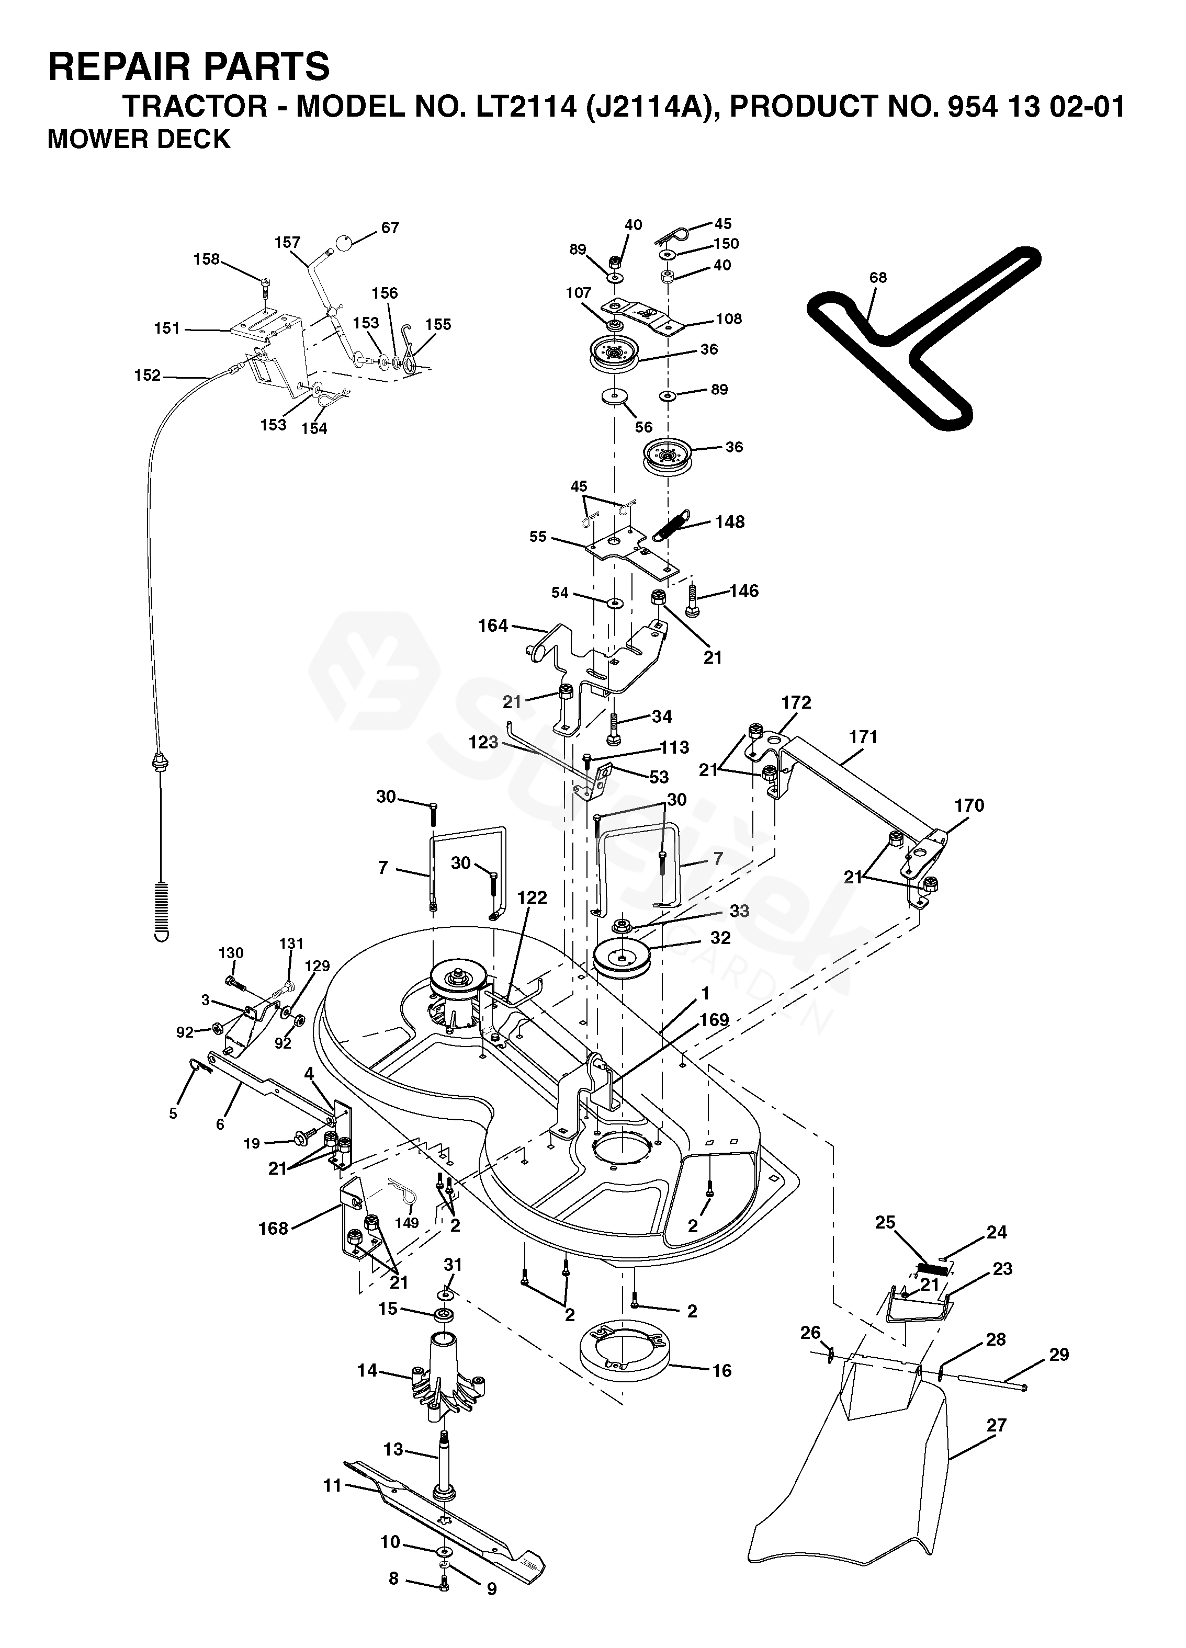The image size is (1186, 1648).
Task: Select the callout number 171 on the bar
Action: coord(863,737)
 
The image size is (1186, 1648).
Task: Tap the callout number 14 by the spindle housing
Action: coord(368,1370)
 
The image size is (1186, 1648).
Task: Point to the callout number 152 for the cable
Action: coord(148,376)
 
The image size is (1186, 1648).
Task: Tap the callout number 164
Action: coord(493,625)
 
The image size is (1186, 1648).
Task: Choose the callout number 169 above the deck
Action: coord(714,1019)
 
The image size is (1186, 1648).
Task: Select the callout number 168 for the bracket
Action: coord(273,1228)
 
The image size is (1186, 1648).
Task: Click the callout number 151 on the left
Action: coord(167,328)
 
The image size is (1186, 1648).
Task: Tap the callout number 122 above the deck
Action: coord(532,897)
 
